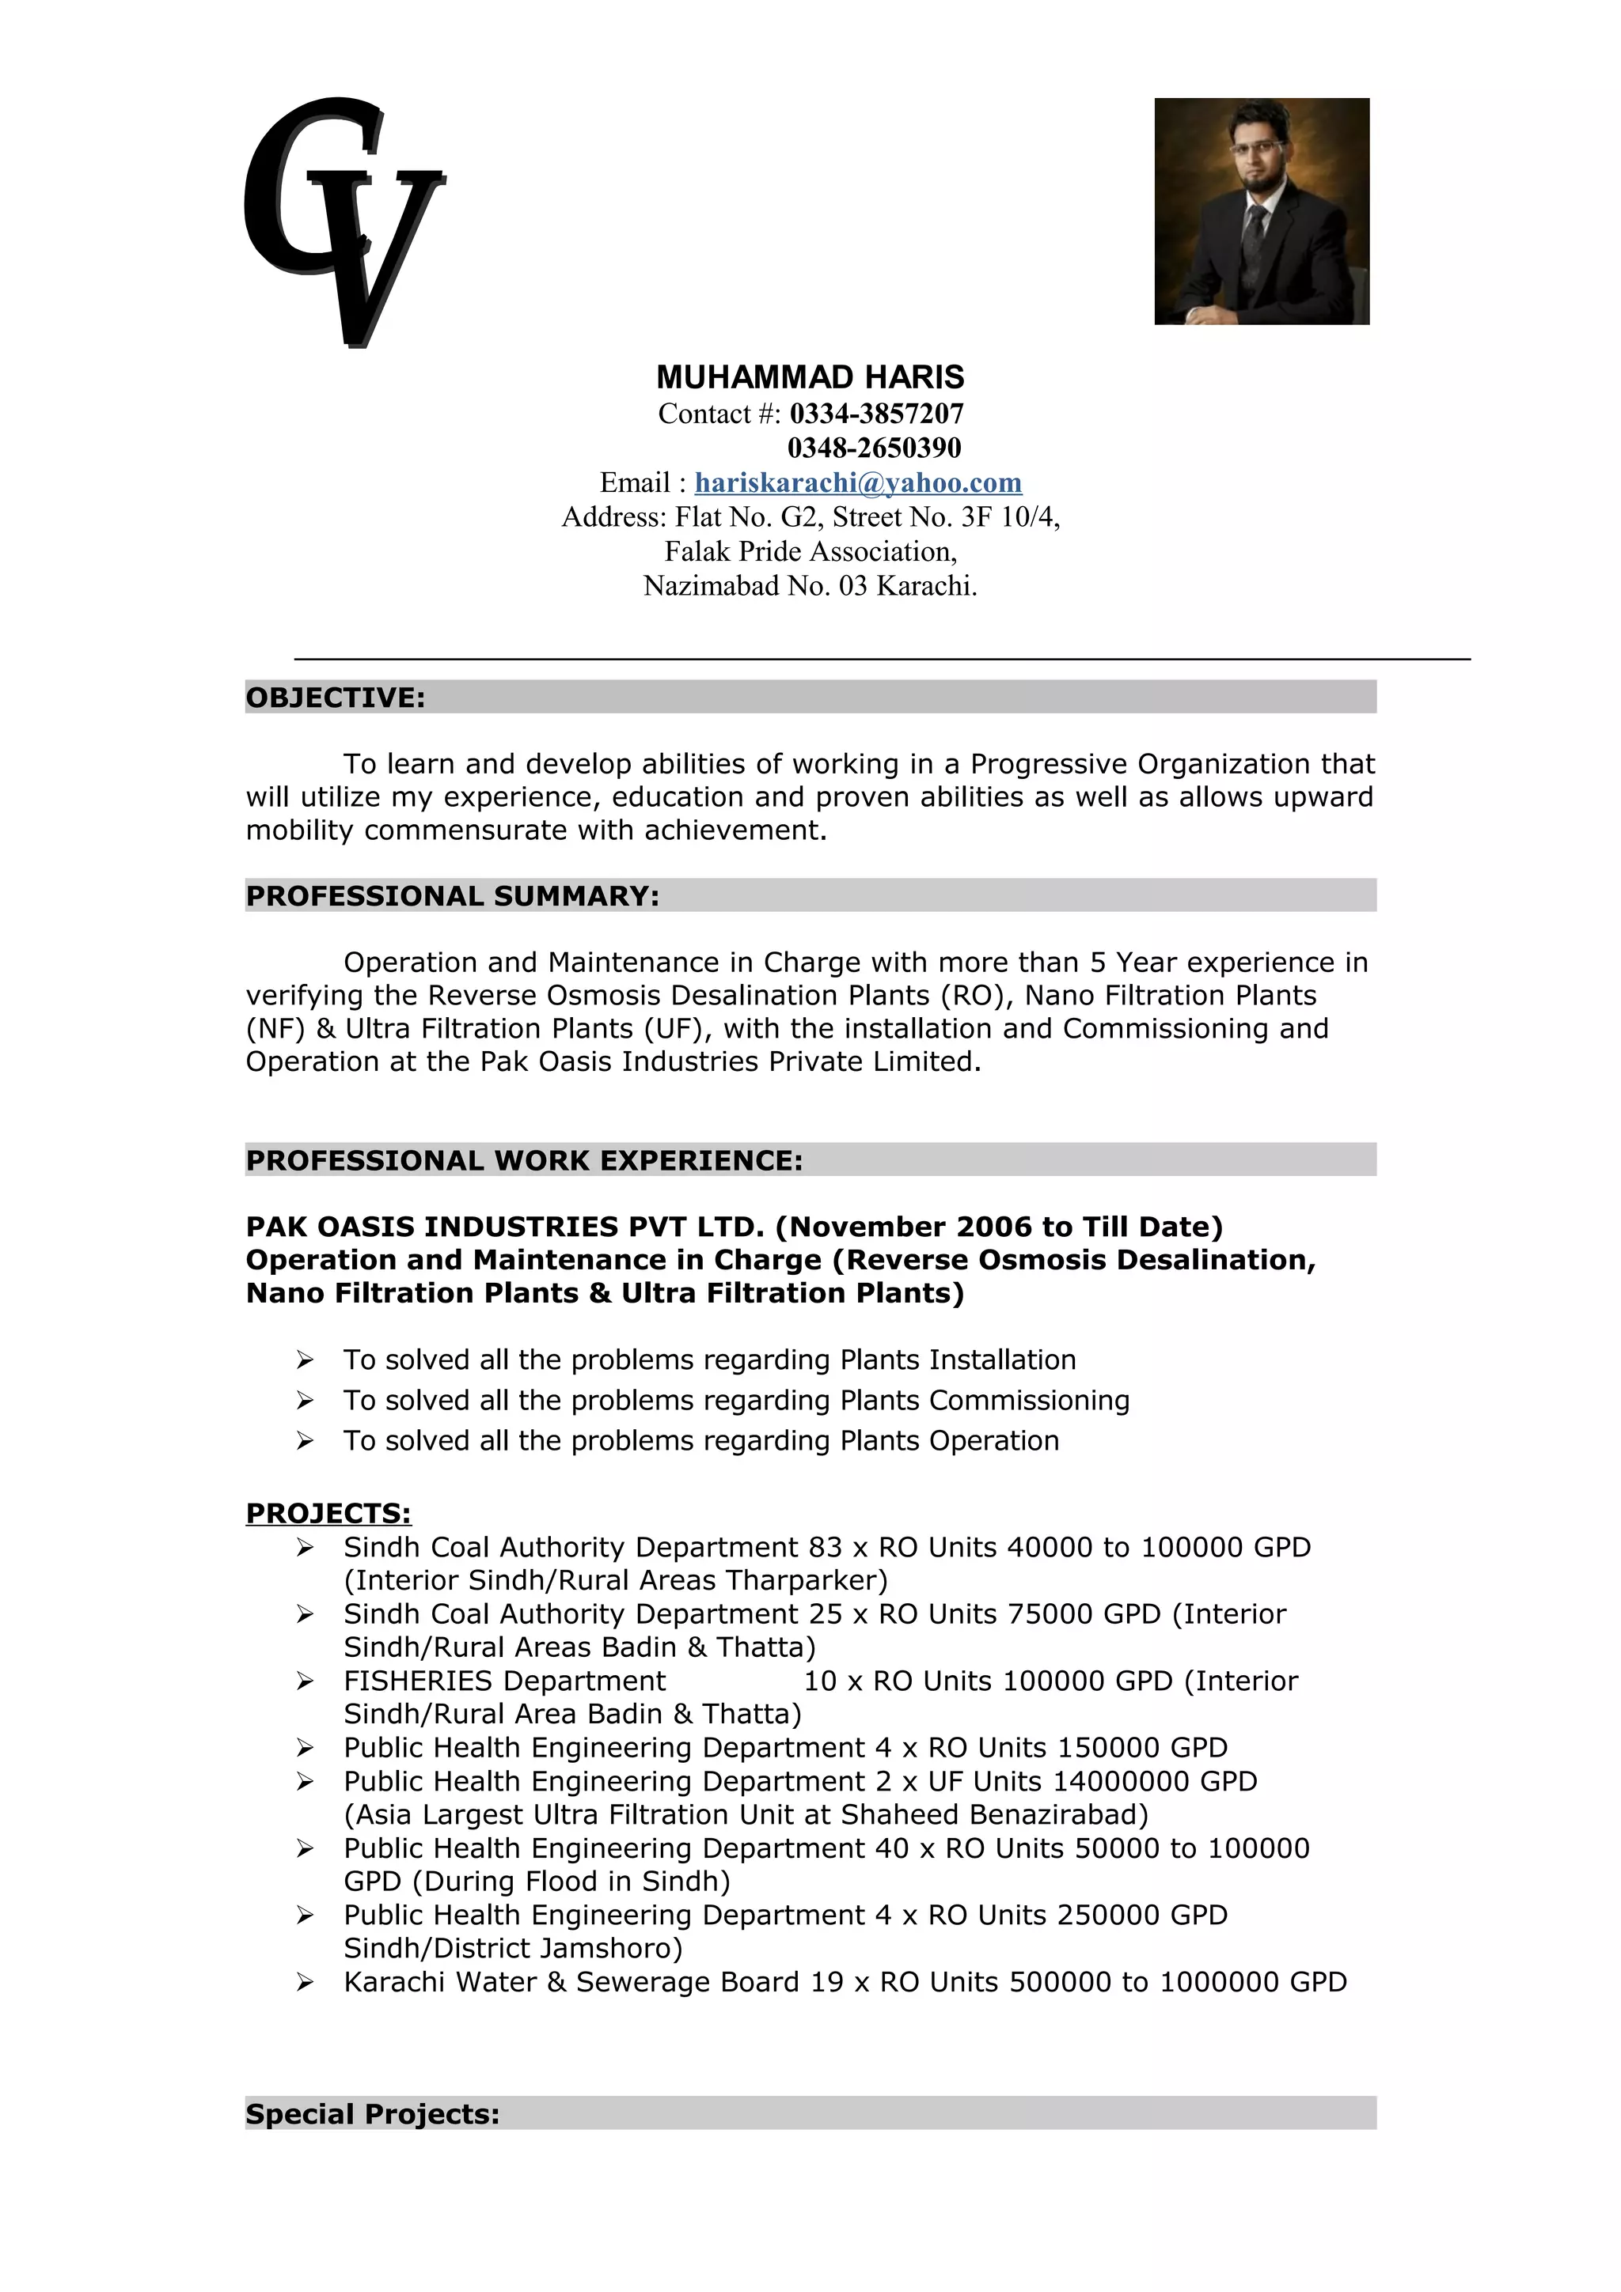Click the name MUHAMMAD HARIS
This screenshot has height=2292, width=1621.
pyautogui.click(x=810, y=377)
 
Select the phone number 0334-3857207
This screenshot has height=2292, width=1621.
pyautogui.click(x=876, y=414)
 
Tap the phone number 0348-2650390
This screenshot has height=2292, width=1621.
pyautogui.click(x=874, y=447)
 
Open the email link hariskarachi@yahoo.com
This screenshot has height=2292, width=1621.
pyautogui.click(x=858, y=483)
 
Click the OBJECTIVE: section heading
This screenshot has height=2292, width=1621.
pyautogui.click(x=336, y=698)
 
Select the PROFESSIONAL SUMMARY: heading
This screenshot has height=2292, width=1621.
pyautogui.click(x=453, y=896)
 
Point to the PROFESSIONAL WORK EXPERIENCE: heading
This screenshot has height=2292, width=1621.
pyautogui.click(x=524, y=1161)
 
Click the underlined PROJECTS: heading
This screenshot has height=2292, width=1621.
pyautogui.click(x=328, y=1513)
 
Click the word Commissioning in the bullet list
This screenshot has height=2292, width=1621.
pyautogui.click(x=1029, y=1401)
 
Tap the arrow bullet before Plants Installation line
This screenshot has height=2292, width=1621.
pyautogui.click(x=305, y=1360)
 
